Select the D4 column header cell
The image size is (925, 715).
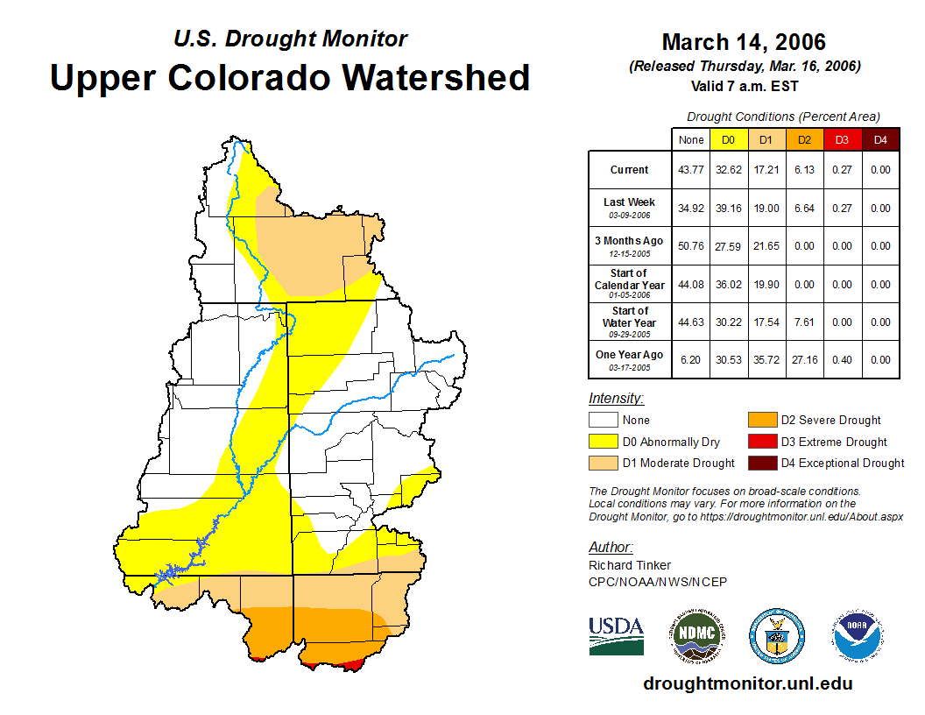(880, 139)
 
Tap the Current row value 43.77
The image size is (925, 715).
(691, 170)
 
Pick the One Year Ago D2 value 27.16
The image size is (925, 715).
(805, 359)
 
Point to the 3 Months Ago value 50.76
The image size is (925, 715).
(691, 246)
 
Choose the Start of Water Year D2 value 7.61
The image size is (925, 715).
(805, 322)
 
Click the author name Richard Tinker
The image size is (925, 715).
(629, 565)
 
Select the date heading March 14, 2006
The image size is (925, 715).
(744, 42)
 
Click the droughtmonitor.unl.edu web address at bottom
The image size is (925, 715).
(747, 683)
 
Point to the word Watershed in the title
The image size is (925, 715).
(436, 77)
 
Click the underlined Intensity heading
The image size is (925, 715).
(616, 398)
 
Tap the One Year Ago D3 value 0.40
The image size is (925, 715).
(843, 359)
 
